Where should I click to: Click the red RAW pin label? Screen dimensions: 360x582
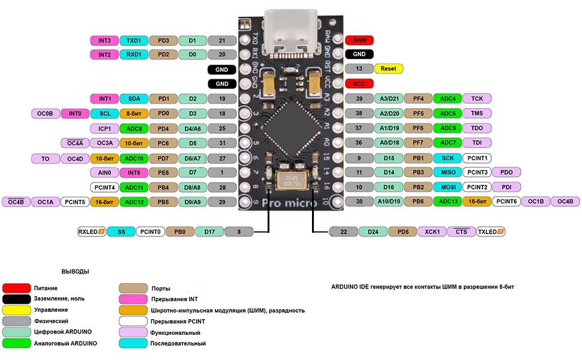pyautogui.click(x=360, y=40)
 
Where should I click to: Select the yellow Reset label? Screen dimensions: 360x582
pyautogui.click(x=388, y=69)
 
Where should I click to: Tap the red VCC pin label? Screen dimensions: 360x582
pyautogui.click(x=360, y=84)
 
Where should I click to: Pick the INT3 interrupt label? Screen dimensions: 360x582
pyautogui.click(x=104, y=40)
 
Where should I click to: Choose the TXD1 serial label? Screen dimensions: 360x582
pyautogui.click(x=134, y=40)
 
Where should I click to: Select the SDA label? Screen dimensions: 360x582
pyautogui.click(x=134, y=98)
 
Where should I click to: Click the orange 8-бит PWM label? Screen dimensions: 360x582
pyautogui.click(x=134, y=113)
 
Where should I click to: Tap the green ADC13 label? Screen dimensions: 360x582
pyautogui.click(x=448, y=202)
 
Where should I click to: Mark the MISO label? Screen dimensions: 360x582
pyautogui.click(x=448, y=172)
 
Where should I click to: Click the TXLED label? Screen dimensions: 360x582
pyautogui.click(x=490, y=231)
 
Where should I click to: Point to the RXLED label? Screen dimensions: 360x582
pyautogui.click(x=92, y=231)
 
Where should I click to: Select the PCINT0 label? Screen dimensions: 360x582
pyautogui.click(x=150, y=231)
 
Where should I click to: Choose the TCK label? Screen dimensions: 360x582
pyautogui.click(x=477, y=98)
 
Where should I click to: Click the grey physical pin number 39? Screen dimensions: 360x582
pyautogui.click(x=359, y=98)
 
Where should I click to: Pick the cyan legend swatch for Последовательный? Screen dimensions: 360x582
pyautogui.click(x=134, y=343)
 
